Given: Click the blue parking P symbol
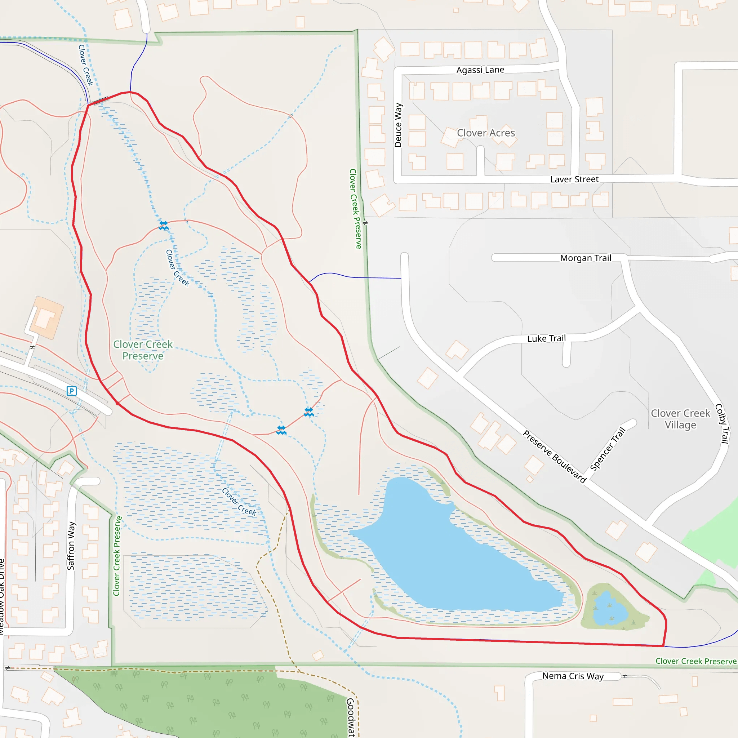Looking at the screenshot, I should tap(71, 391).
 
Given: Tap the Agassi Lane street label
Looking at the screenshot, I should tap(480, 70).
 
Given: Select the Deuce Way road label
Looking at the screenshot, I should tap(398, 125).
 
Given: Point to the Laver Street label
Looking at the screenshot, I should tap(574, 179).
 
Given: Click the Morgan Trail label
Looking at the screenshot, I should tap(586, 258).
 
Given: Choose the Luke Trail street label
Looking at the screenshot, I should tap(546, 338).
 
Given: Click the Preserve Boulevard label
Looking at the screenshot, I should tap(554, 457).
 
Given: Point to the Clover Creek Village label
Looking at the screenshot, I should tap(680, 419).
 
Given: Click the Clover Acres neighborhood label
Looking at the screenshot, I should tap(486, 133).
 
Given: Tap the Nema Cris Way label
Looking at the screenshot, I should tap(573, 676).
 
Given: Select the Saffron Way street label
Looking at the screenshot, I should tap(71, 546).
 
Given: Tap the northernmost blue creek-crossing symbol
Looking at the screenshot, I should tap(164, 225).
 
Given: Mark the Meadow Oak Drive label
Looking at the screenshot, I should tap(2, 596).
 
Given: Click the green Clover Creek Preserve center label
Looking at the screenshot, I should tap(143, 350).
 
